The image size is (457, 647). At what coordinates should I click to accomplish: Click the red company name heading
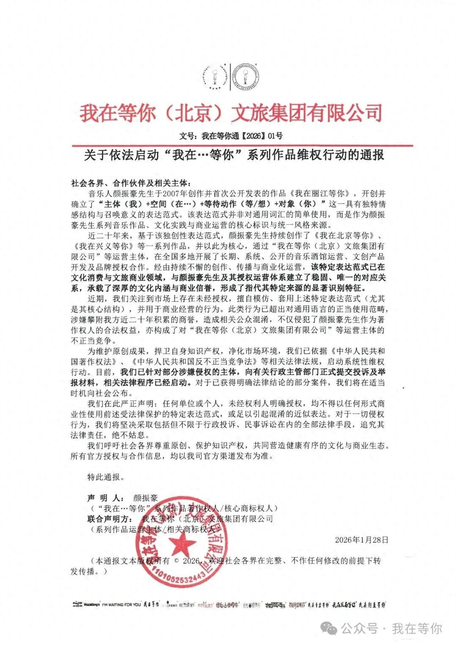coord(231,113)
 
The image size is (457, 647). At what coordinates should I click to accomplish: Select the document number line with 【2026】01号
coord(231,136)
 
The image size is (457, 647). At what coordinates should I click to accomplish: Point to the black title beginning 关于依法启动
coord(234,155)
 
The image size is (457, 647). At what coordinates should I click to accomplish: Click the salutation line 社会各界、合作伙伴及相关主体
coord(131,183)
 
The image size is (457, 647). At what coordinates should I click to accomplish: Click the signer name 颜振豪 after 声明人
coord(145,498)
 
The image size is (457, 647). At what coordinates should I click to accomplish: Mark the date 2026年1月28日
coord(361,540)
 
